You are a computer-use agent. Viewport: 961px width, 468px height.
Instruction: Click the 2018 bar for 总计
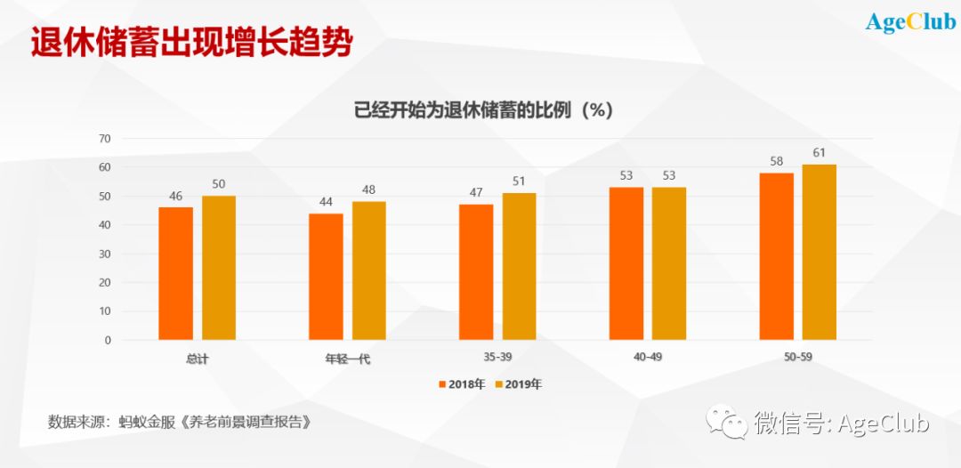[x=175, y=273]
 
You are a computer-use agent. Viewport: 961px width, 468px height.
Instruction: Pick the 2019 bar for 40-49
[x=668, y=263]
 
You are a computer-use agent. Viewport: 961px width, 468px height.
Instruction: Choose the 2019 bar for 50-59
[x=819, y=252]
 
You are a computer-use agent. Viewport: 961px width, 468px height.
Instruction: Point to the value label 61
[x=819, y=153]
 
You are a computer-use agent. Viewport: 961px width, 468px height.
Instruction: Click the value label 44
[x=326, y=202]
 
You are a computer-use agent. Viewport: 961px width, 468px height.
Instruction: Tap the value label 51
[x=519, y=182]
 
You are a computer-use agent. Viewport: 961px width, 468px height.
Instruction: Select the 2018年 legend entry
[x=462, y=384]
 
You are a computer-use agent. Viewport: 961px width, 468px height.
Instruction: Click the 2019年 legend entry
[x=518, y=384]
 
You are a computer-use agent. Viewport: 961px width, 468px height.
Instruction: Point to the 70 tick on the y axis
[x=105, y=138]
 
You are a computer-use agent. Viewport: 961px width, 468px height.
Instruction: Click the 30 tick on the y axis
[x=105, y=254]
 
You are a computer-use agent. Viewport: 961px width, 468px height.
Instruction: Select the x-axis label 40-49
[x=649, y=358]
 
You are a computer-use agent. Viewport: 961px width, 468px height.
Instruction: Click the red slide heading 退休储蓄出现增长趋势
[x=191, y=42]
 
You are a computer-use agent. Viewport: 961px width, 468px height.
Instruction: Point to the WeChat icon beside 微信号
[x=723, y=422]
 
